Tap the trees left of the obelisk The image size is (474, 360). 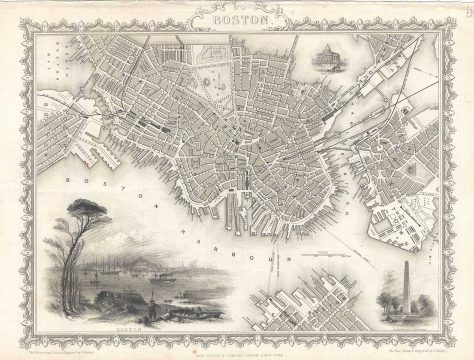click(392, 306)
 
